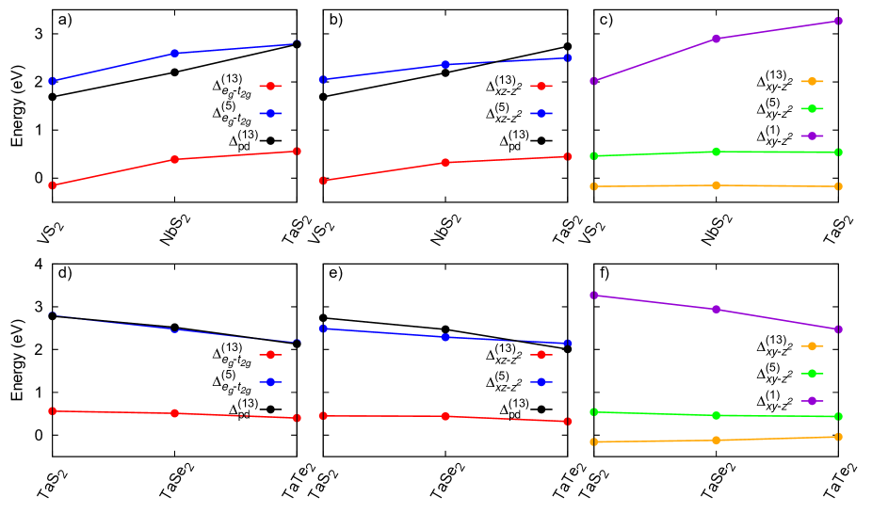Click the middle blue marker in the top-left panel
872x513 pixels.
[174, 54]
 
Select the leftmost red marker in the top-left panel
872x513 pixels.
[52, 185]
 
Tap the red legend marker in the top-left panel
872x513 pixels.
[270, 87]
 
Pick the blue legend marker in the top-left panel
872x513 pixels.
[270, 114]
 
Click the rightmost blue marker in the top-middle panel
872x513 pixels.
[568, 58]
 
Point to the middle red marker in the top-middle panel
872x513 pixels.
[445, 163]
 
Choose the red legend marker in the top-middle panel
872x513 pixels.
[541, 87]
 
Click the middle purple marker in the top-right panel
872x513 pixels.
[717, 39]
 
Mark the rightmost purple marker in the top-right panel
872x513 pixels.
[838, 21]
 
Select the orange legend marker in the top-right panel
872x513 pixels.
[812, 82]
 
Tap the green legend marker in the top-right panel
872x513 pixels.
[812, 109]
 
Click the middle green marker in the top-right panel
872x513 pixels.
[717, 152]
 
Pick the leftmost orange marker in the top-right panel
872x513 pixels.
[593, 186]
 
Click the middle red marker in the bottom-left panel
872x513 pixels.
[174, 413]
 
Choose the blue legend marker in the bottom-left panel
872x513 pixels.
[270, 382]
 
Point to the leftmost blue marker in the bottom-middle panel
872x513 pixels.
[323, 329]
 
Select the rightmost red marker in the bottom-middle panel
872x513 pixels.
[568, 421]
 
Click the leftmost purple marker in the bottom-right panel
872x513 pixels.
[593, 296]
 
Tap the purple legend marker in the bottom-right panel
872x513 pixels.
[812, 401]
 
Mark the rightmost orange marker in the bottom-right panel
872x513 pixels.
[838, 437]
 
